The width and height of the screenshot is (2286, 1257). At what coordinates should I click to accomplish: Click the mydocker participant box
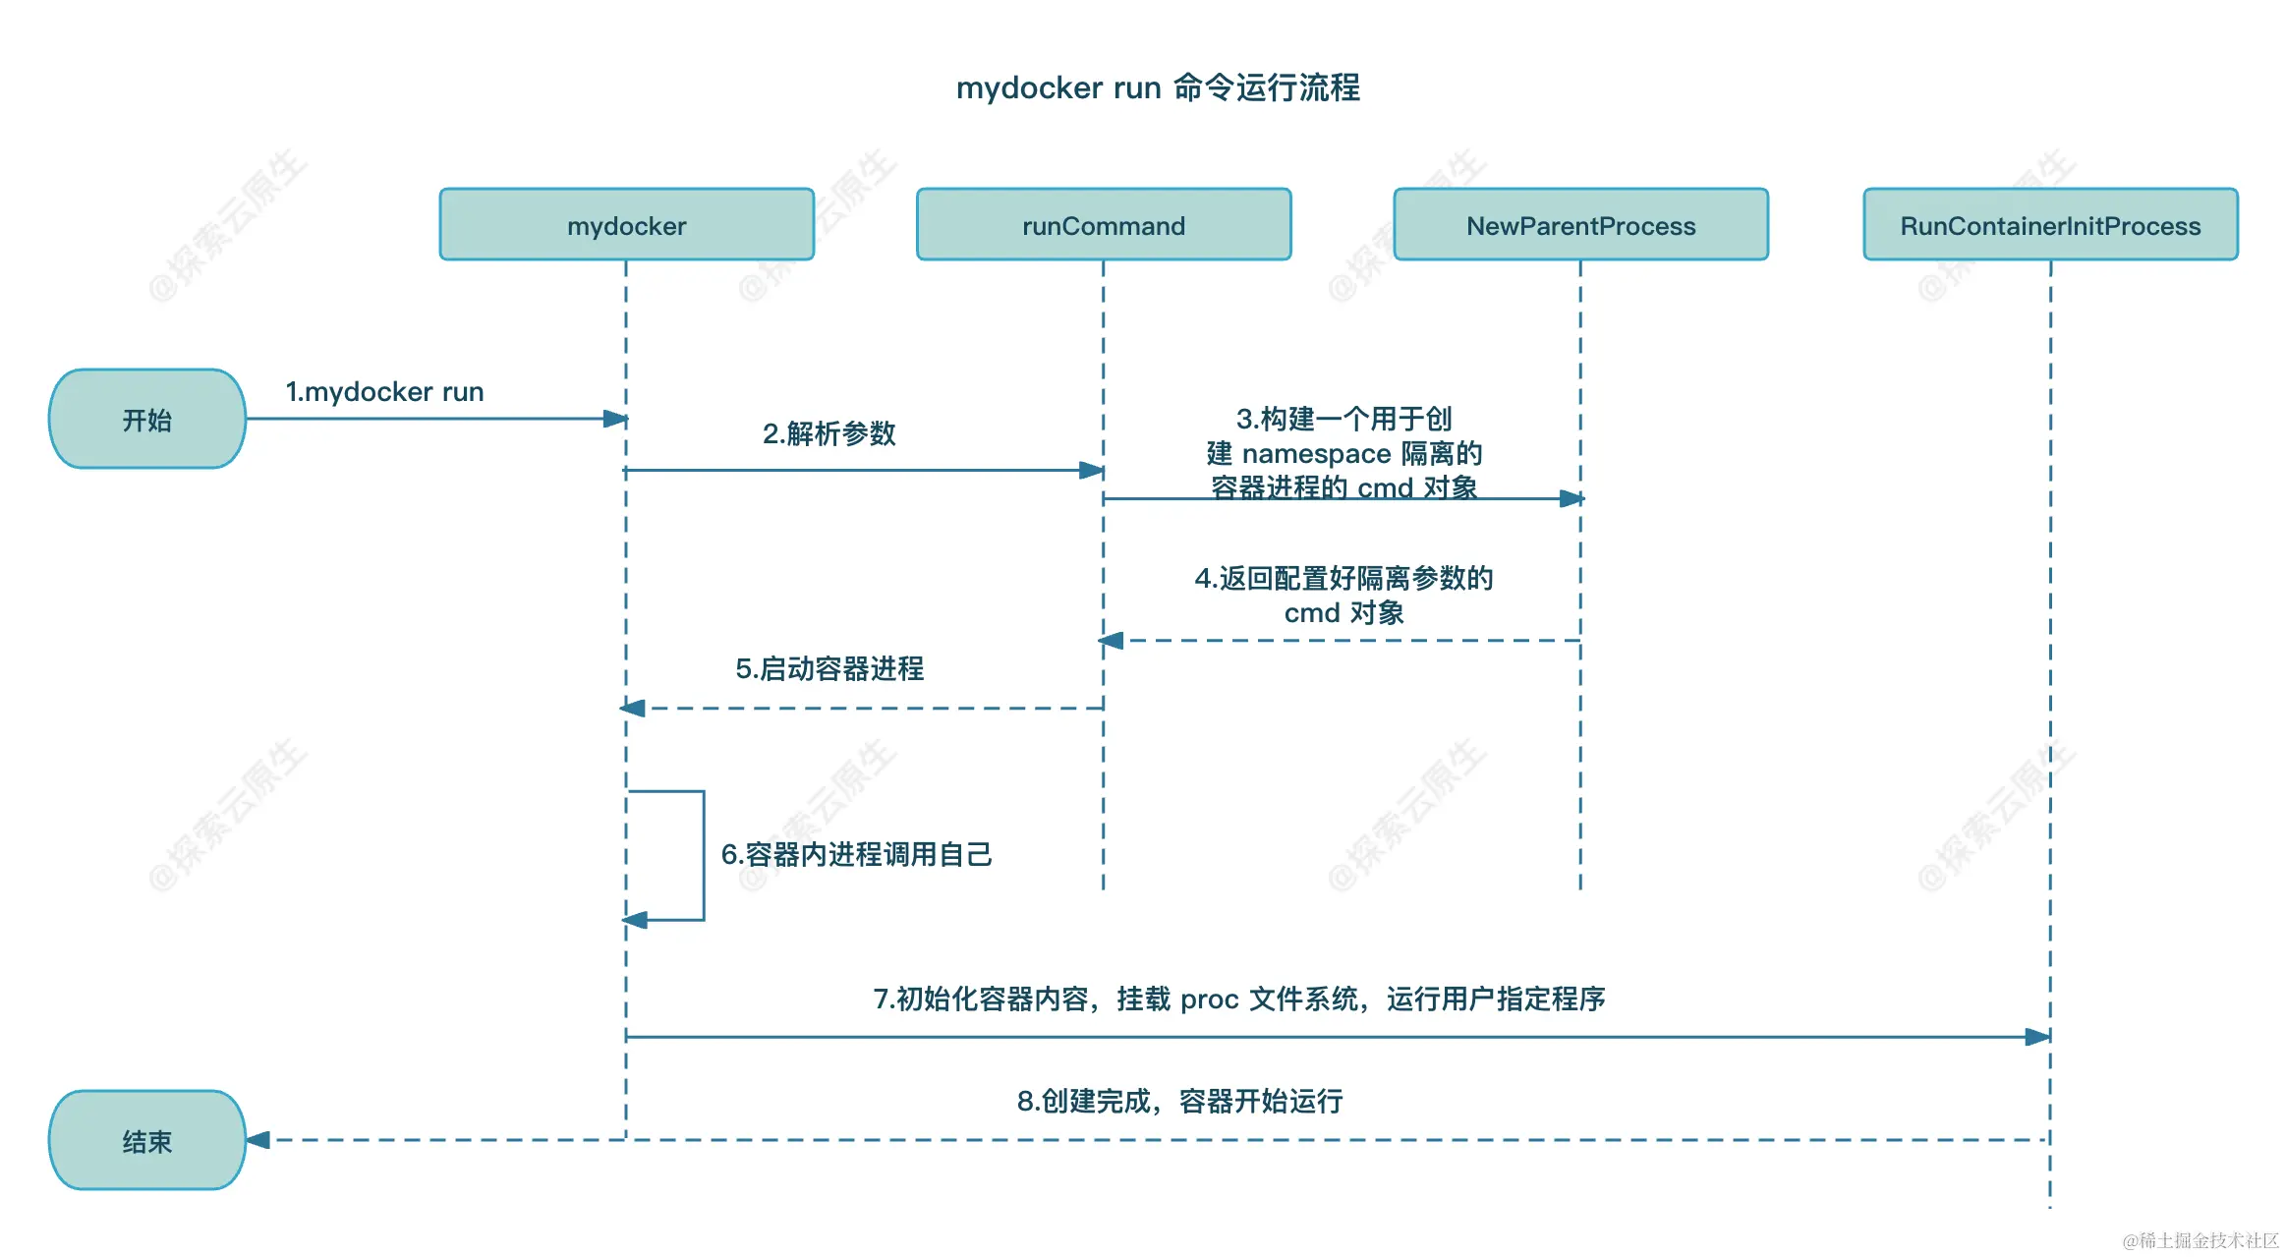[626, 225]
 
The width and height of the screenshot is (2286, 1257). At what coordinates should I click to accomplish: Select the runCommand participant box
[1103, 225]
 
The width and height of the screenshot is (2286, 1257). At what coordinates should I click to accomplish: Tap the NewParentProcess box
[1580, 225]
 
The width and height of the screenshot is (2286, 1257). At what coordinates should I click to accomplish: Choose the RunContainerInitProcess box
[2050, 225]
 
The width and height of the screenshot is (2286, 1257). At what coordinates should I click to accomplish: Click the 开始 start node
[147, 420]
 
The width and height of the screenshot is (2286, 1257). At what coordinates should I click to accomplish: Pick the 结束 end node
[147, 1141]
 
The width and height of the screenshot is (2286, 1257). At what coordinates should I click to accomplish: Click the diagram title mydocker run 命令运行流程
[1158, 87]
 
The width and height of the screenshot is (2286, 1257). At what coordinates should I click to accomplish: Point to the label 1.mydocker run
[384, 391]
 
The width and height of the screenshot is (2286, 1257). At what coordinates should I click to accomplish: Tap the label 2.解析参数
[829, 433]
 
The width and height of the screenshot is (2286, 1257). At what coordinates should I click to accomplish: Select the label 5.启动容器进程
[829, 668]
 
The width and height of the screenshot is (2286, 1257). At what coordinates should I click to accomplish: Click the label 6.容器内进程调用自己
[856, 854]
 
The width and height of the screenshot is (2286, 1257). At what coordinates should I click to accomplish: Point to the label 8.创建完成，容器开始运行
[1179, 1101]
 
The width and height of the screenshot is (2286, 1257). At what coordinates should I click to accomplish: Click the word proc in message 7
[1209, 1000]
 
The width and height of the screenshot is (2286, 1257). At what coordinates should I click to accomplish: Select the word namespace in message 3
[1316, 454]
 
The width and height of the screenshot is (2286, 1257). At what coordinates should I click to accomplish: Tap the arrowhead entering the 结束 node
[258, 1140]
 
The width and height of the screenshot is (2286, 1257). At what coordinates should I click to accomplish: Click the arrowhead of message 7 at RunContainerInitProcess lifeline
[2037, 1037]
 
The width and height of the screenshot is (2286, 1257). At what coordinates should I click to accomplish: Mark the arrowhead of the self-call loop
[636, 920]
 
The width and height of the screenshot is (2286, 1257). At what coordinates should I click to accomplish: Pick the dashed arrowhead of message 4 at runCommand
[1112, 641]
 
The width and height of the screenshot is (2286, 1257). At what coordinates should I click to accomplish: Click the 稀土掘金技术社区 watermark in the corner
[2200, 1240]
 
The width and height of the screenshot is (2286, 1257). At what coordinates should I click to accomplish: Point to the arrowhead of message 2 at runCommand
[1091, 470]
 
